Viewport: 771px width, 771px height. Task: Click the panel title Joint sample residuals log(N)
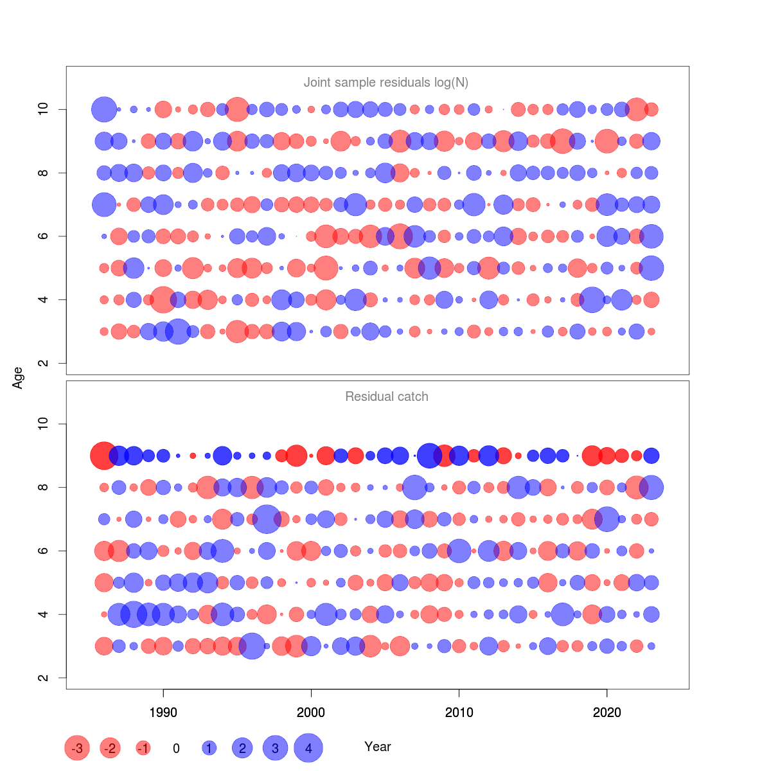click(x=385, y=82)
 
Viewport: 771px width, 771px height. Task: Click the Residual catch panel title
click(x=386, y=396)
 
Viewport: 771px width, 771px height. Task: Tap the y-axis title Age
click(x=18, y=378)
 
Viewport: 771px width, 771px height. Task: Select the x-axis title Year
click(x=377, y=747)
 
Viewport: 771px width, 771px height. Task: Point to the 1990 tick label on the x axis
click(x=163, y=713)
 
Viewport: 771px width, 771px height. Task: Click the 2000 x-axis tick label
click(x=311, y=713)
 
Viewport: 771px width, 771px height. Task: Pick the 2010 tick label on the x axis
click(x=459, y=713)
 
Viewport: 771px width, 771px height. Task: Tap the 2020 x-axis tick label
click(x=607, y=713)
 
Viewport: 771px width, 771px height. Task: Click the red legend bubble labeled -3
click(x=77, y=748)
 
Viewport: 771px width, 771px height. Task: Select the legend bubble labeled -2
click(x=111, y=748)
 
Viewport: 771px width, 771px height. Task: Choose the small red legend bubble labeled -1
click(x=143, y=748)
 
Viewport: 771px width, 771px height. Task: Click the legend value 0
click(x=176, y=749)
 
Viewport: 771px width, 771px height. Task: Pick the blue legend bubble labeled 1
click(x=209, y=748)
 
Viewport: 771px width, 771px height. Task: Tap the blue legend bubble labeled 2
click(x=242, y=748)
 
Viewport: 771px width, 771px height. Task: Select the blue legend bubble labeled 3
click(x=275, y=748)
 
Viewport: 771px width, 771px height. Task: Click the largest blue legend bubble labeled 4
click(x=308, y=748)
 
